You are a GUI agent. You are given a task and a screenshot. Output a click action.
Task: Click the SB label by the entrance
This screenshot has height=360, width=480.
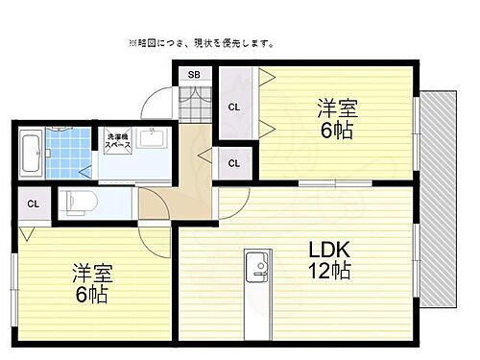[x=194, y=75]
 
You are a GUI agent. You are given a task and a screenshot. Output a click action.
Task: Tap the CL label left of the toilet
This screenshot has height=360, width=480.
[x=34, y=204]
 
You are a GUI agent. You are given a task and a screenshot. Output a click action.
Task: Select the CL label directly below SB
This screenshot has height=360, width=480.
[x=234, y=108]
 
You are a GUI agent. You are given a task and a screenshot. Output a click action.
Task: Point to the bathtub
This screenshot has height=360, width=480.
[x=30, y=153]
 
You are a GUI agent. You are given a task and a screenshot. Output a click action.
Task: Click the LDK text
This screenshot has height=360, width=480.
[x=325, y=251]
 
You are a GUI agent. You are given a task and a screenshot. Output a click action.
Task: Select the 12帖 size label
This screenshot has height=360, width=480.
[x=327, y=272]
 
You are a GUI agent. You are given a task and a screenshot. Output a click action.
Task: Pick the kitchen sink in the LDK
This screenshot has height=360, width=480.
[x=257, y=270]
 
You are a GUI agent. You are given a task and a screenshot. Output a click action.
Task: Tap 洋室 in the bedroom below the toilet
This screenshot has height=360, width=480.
[x=92, y=274]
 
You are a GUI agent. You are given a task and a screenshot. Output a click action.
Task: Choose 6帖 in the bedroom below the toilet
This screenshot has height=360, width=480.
[x=92, y=296]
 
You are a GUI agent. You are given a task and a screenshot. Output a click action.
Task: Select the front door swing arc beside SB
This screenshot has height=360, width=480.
[x=156, y=104]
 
